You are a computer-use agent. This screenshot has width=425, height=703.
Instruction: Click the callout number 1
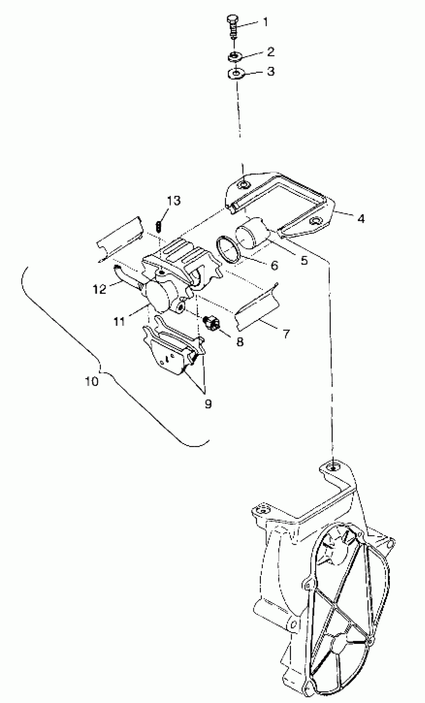point(265,22)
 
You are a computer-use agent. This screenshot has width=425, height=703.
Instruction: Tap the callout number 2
point(270,52)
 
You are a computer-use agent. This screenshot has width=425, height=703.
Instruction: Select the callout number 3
point(270,71)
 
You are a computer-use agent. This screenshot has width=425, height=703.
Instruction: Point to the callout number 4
point(361,219)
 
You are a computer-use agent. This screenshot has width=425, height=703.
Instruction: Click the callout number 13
point(174,201)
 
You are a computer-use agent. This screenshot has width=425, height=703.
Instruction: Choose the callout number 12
point(99,289)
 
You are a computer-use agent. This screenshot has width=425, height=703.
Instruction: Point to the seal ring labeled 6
point(227,249)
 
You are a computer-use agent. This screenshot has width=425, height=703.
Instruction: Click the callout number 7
point(285,334)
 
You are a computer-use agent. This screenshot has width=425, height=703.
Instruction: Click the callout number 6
point(274,266)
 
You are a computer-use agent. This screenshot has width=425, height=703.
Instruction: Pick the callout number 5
point(304,260)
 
